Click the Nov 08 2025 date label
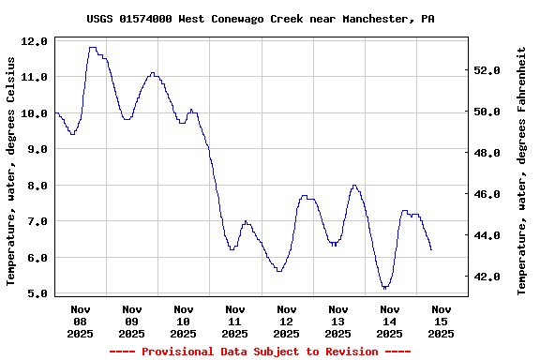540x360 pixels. [x=80, y=321]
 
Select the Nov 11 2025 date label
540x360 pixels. [x=234, y=321]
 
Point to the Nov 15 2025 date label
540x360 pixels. [x=441, y=321]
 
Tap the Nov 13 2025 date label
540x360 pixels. [x=337, y=321]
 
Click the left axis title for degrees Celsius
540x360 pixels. [x=11, y=170]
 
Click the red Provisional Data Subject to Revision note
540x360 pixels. [x=260, y=352]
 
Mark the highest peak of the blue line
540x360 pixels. [x=92, y=47]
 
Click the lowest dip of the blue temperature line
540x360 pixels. [x=384, y=288]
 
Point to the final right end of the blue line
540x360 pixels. [x=431, y=249]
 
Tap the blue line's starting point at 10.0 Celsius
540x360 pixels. [x=56, y=112]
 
